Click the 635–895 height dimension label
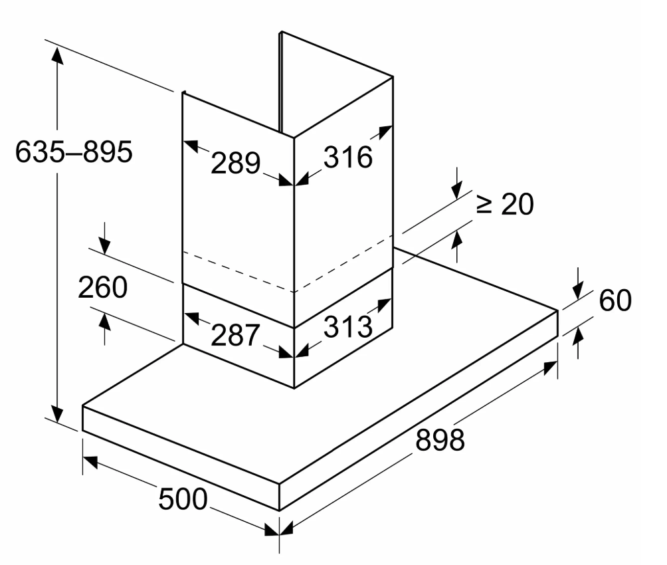click(74, 153)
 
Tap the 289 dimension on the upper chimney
click(235, 162)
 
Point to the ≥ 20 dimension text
click(505, 205)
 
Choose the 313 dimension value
click(347, 326)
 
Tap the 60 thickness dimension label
click(615, 301)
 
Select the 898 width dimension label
click(440, 439)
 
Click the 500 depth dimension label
click(183, 499)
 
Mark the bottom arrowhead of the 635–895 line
click(58, 415)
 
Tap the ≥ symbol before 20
click(485, 205)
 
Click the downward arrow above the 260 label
click(104, 247)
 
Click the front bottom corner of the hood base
click(279, 510)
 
